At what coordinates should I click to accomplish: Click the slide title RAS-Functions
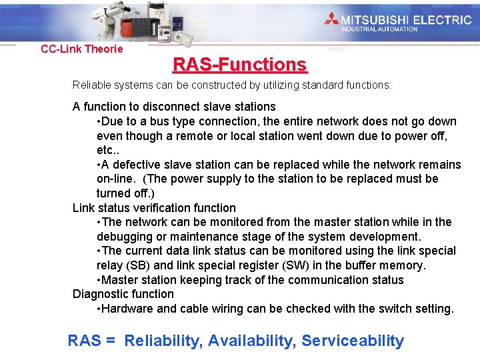(x=240, y=65)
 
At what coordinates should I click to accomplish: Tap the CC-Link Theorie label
(x=82, y=49)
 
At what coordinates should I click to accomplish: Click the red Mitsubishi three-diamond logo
(x=331, y=19)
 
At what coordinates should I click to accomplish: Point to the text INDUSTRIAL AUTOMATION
(x=379, y=29)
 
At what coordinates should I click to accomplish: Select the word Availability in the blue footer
(x=252, y=341)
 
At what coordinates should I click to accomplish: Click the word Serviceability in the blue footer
(x=353, y=341)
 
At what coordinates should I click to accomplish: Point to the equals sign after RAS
(x=111, y=341)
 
